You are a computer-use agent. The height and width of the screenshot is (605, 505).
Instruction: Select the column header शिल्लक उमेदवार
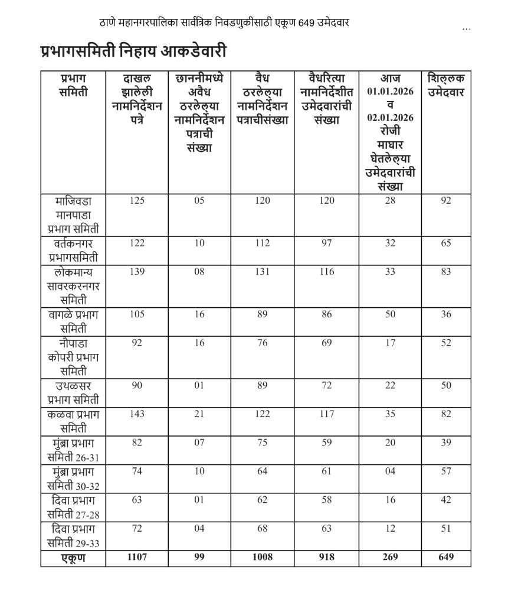pyautogui.click(x=447, y=86)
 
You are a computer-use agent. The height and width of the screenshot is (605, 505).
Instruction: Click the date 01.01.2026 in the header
pyautogui.click(x=389, y=92)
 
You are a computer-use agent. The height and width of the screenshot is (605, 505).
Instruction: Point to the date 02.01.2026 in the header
pyautogui.click(x=389, y=118)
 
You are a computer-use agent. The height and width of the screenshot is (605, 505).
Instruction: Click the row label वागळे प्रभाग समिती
pyautogui.click(x=73, y=321)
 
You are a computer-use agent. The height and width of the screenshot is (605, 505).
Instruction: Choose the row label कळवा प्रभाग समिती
pyautogui.click(x=73, y=421)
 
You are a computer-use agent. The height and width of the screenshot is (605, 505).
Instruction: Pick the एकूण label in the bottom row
pyautogui.click(x=73, y=557)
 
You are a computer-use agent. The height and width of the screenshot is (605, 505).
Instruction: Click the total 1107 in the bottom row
pyautogui.click(x=137, y=557)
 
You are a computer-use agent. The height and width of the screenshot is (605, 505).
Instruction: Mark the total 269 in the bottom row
pyautogui.click(x=389, y=557)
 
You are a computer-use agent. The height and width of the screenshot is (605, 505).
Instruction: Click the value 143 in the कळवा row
pyautogui.click(x=137, y=415)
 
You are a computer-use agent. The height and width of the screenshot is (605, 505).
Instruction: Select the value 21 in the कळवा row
pyautogui.click(x=199, y=415)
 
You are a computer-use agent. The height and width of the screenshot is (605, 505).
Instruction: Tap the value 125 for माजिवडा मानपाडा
pyautogui.click(x=137, y=201)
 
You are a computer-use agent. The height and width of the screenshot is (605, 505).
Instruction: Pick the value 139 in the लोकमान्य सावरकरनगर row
pyautogui.click(x=137, y=272)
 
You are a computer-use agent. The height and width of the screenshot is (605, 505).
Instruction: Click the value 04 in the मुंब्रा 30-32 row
pyautogui.click(x=389, y=471)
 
